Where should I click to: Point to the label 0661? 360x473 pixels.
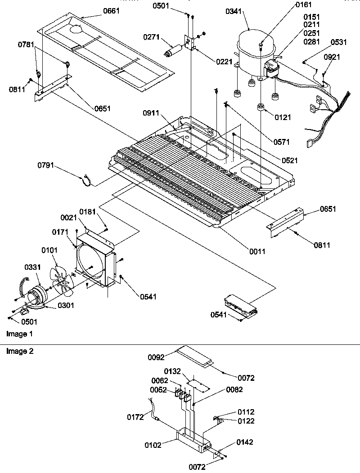tap(111, 11)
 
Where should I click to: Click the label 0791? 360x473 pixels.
tap(46, 165)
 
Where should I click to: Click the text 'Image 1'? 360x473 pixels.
tap(19, 334)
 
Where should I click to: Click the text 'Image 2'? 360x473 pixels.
tap(19, 351)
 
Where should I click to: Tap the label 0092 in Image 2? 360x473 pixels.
tap(157, 357)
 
